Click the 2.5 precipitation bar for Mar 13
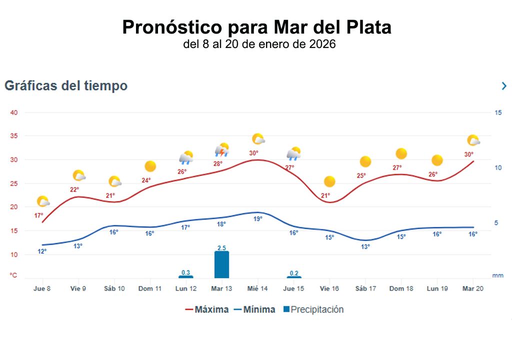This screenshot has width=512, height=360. click(221, 264)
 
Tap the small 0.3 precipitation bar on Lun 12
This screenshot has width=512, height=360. click(185, 276)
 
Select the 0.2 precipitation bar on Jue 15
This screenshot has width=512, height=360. click(293, 277)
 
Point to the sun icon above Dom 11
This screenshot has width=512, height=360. click(150, 166)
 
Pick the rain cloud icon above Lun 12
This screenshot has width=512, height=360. click(186, 158)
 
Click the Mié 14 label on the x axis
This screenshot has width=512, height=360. click(257, 288)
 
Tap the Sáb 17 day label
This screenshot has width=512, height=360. click(365, 288)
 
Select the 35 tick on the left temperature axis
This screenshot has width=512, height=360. click(14, 136)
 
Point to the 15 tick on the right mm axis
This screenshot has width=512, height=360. click(498, 112)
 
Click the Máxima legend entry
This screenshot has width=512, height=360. click(206, 309)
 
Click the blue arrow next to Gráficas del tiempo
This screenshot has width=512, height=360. click(504, 86)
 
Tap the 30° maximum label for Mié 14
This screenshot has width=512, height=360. click(253, 153)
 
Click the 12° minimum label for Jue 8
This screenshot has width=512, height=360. click(42, 251)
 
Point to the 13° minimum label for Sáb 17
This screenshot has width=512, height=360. click(365, 246)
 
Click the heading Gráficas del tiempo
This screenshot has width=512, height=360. click(66, 86)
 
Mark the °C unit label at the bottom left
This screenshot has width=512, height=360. click(13, 275)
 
